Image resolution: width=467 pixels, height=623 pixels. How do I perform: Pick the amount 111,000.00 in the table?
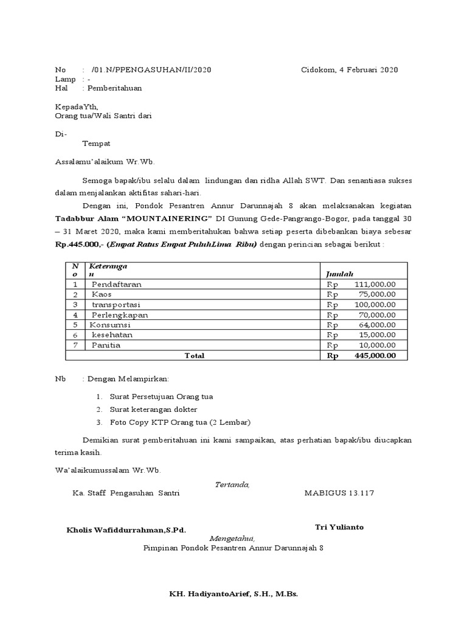click(x=375, y=284)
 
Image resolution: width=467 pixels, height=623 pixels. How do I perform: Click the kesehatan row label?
click(x=112, y=335)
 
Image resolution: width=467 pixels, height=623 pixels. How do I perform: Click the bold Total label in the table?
click(x=194, y=356)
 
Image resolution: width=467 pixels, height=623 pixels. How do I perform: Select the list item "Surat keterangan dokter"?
click(x=153, y=409)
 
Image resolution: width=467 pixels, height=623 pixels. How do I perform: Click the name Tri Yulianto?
click(x=339, y=527)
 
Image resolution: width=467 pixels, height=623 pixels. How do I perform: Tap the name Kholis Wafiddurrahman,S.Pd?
click(x=126, y=530)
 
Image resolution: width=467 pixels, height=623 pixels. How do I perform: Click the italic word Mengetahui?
click(x=232, y=539)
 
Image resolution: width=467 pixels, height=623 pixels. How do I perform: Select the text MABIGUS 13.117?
click(x=339, y=493)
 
